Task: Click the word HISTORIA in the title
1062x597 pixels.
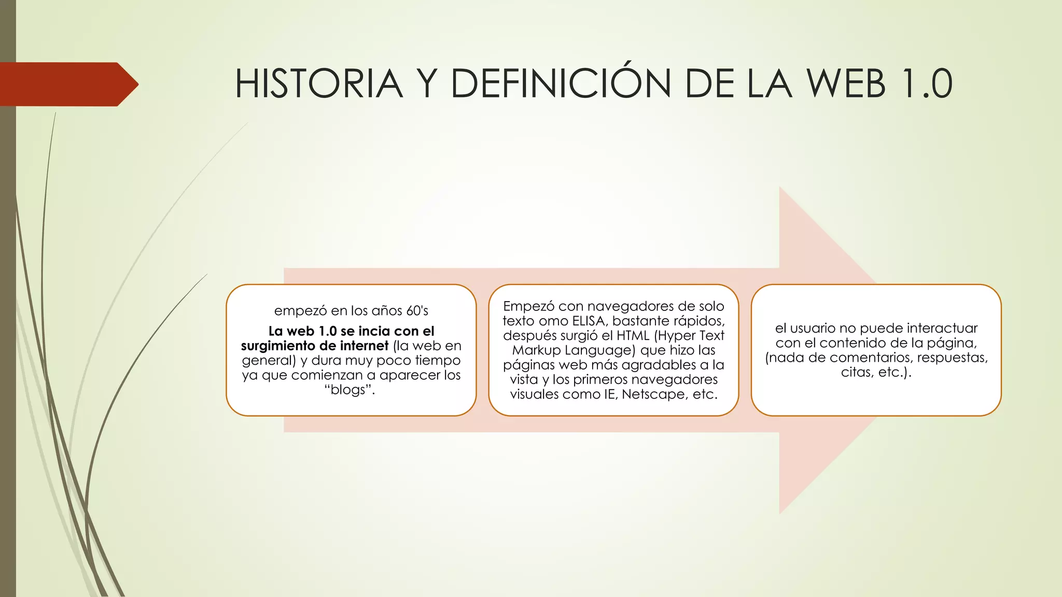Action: (319, 84)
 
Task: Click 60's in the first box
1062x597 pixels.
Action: (417, 311)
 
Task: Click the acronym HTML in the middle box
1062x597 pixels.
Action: (632, 336)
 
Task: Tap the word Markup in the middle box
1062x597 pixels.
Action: (536, 350)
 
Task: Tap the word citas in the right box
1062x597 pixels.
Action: (855, 372)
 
